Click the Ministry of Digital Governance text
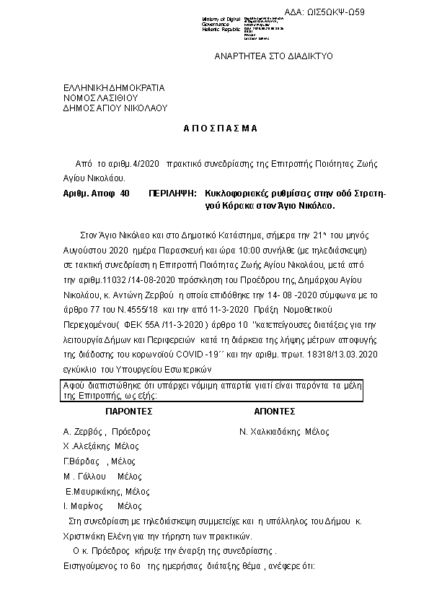coord(222,24)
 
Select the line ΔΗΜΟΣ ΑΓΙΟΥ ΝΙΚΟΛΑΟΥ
coord(115,108)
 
